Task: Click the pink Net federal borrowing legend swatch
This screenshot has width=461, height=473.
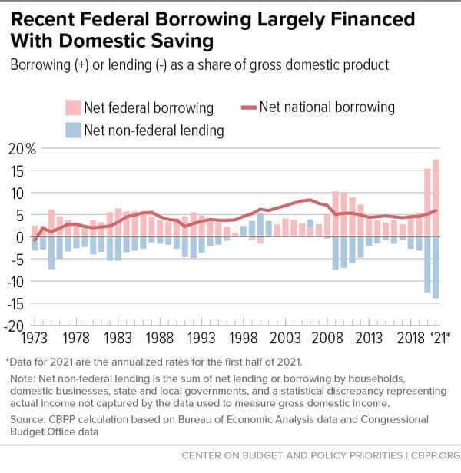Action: pyautogui.click(x=73, y=107)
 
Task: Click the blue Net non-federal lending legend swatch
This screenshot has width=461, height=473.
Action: pyautogui.click(x=73, y=131)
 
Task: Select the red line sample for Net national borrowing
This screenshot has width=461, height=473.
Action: pyautogui.click(x=249, y=107)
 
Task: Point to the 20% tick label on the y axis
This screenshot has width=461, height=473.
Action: pyautogui.click(x=22, y=149)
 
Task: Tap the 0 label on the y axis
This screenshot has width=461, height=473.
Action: pyautogui.click(x=20, y=238)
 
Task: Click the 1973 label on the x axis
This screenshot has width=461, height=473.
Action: pyautogui.click(x=34, y=338)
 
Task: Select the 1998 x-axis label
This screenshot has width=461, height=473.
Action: pyautogui.click(x=244, y=338)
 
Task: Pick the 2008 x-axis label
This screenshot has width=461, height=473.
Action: pyautogui.click(x=327, y=338)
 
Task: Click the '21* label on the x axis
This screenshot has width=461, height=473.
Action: pyautogui.click(x=439, y=338)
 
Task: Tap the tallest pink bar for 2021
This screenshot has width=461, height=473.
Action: pyautogui.click(x=436, y=198)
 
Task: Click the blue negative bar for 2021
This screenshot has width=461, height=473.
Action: pyautogui.click(x=436, y=267)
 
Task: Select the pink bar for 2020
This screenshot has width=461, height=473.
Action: pyautogui.click(x=427, y=203)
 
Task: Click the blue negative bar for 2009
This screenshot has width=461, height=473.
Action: pyautogui.click(x=336, y=253)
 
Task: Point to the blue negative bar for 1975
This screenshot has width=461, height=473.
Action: pyautogui.click(x=51, y=253)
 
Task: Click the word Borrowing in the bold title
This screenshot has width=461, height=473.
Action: pyautogui.click(x=203, y=20)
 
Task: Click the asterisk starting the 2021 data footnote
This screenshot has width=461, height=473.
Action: pyautogui.click(x=8, y=359)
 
